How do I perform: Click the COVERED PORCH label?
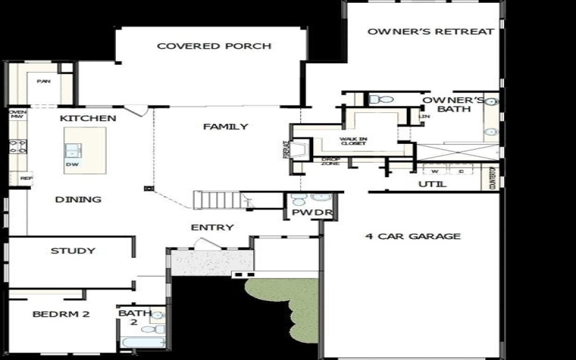(x=214, y=46)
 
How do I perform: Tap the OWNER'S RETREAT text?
(x=431, y=32)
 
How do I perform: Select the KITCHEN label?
(x=88, y=118)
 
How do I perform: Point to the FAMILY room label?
(x=225, y=127)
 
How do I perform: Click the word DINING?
(x=78, y=199)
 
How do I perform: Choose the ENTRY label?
(x=212, y=228)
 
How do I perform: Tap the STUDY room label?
(x=73, y=251)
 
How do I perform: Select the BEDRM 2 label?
(x=60, y=314)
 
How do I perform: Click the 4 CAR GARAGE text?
(x=413, y=236)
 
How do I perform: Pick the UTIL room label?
(x=432, y=185)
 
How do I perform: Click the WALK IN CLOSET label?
(x=353, y=141)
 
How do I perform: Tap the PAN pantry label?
(x=44, y=81)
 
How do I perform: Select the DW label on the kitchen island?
(x=73, y=164)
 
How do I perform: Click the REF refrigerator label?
(x=27, y=177)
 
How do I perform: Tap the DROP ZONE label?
(x=330, y=161)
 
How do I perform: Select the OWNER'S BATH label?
(x=446, y=104)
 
